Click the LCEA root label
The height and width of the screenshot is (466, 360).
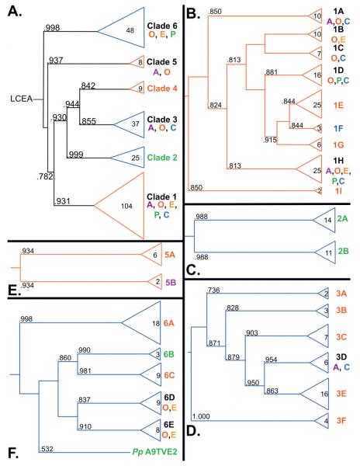tap(22, 99)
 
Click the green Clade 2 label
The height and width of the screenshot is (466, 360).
tap(162, 158)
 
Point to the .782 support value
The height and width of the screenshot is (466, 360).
tap(45, 176)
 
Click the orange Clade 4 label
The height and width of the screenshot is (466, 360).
tap(162, 89)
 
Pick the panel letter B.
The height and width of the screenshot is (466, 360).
tap(193, 14)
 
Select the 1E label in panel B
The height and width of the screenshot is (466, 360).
tap(338, 105)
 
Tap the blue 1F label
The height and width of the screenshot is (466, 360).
tap(338, 128)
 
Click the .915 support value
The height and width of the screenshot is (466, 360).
tap(270, 140)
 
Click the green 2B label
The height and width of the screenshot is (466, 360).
tap(343, 252)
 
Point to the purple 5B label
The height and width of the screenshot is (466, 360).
tap(171, 282)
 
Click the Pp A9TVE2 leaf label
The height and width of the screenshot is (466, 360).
tap(154, 452)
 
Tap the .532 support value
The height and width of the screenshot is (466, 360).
tap(46, 449)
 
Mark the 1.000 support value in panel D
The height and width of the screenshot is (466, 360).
tap(201, 416)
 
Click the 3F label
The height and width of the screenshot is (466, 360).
tap(341, 421)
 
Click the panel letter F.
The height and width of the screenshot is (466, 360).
tap(13, 453)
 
